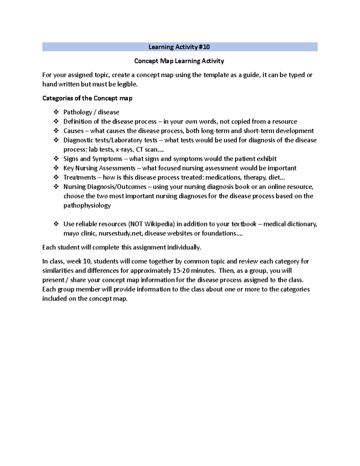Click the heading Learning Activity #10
tap(179, 47)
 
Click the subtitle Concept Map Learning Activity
tap(179, 61)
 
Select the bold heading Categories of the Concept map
tap(87, 98)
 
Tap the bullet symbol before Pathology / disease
tap(56, 112)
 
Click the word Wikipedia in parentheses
tap(159, 224)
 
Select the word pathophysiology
tap(87, 206)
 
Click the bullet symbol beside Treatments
tap(56, 177)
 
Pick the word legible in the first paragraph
tap(127, 84)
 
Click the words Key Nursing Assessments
tap(99, 168)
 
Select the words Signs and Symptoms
tap(93, 159)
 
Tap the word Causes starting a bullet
tap(73, 131)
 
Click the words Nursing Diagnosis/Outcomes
tap(105, 187)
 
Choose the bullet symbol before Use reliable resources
tap(56, 224)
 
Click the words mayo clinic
tap(79, 233)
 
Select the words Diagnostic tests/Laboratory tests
tap(110, 140)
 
